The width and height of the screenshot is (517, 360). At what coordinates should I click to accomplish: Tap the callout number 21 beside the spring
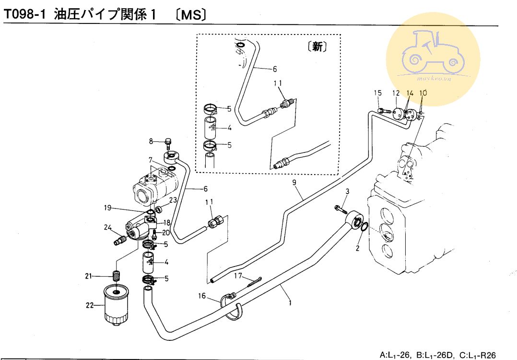(x=88, y=276)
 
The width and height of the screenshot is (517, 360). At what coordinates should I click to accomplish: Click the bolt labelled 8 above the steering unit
(x=168, y=143)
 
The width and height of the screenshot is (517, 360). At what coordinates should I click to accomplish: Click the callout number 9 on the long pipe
(x=294, y=183)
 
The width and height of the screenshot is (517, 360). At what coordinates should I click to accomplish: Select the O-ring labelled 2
(x=364, y=226)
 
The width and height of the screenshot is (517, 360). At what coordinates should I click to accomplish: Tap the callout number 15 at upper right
(x=377, y=93)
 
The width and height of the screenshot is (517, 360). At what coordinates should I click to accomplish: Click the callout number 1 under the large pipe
(x=290, y=302)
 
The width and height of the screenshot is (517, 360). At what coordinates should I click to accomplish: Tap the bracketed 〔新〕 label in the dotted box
(x=316, y=47)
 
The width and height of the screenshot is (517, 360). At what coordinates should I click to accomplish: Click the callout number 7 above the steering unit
(x=150, y=160)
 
